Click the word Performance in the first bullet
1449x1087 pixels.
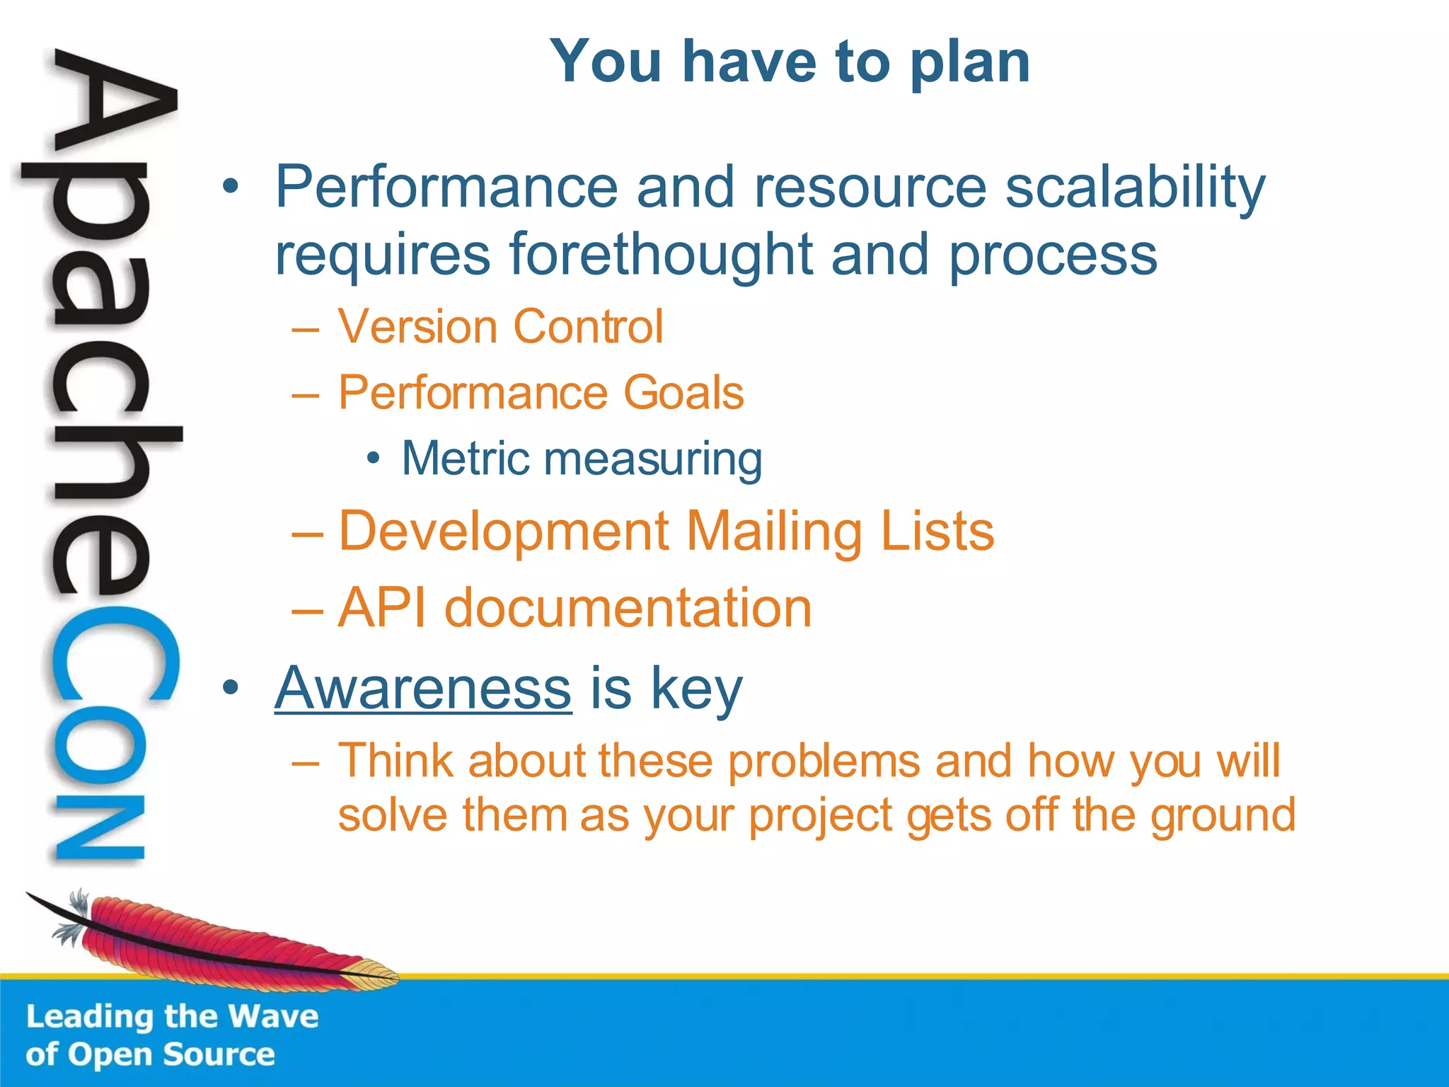(x=446, y=187)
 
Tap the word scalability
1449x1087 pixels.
(x=1135, y=188)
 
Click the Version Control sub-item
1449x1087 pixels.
(x=500, y=327)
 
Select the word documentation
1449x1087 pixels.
(x=628, y=609)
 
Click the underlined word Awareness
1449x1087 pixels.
(x=422, y=688)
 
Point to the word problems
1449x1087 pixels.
(x=824, y=761)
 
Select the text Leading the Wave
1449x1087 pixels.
(x=172, y=1017)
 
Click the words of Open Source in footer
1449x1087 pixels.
(x=150, y=1054)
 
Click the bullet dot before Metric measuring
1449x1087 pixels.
(x=374, y=459)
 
